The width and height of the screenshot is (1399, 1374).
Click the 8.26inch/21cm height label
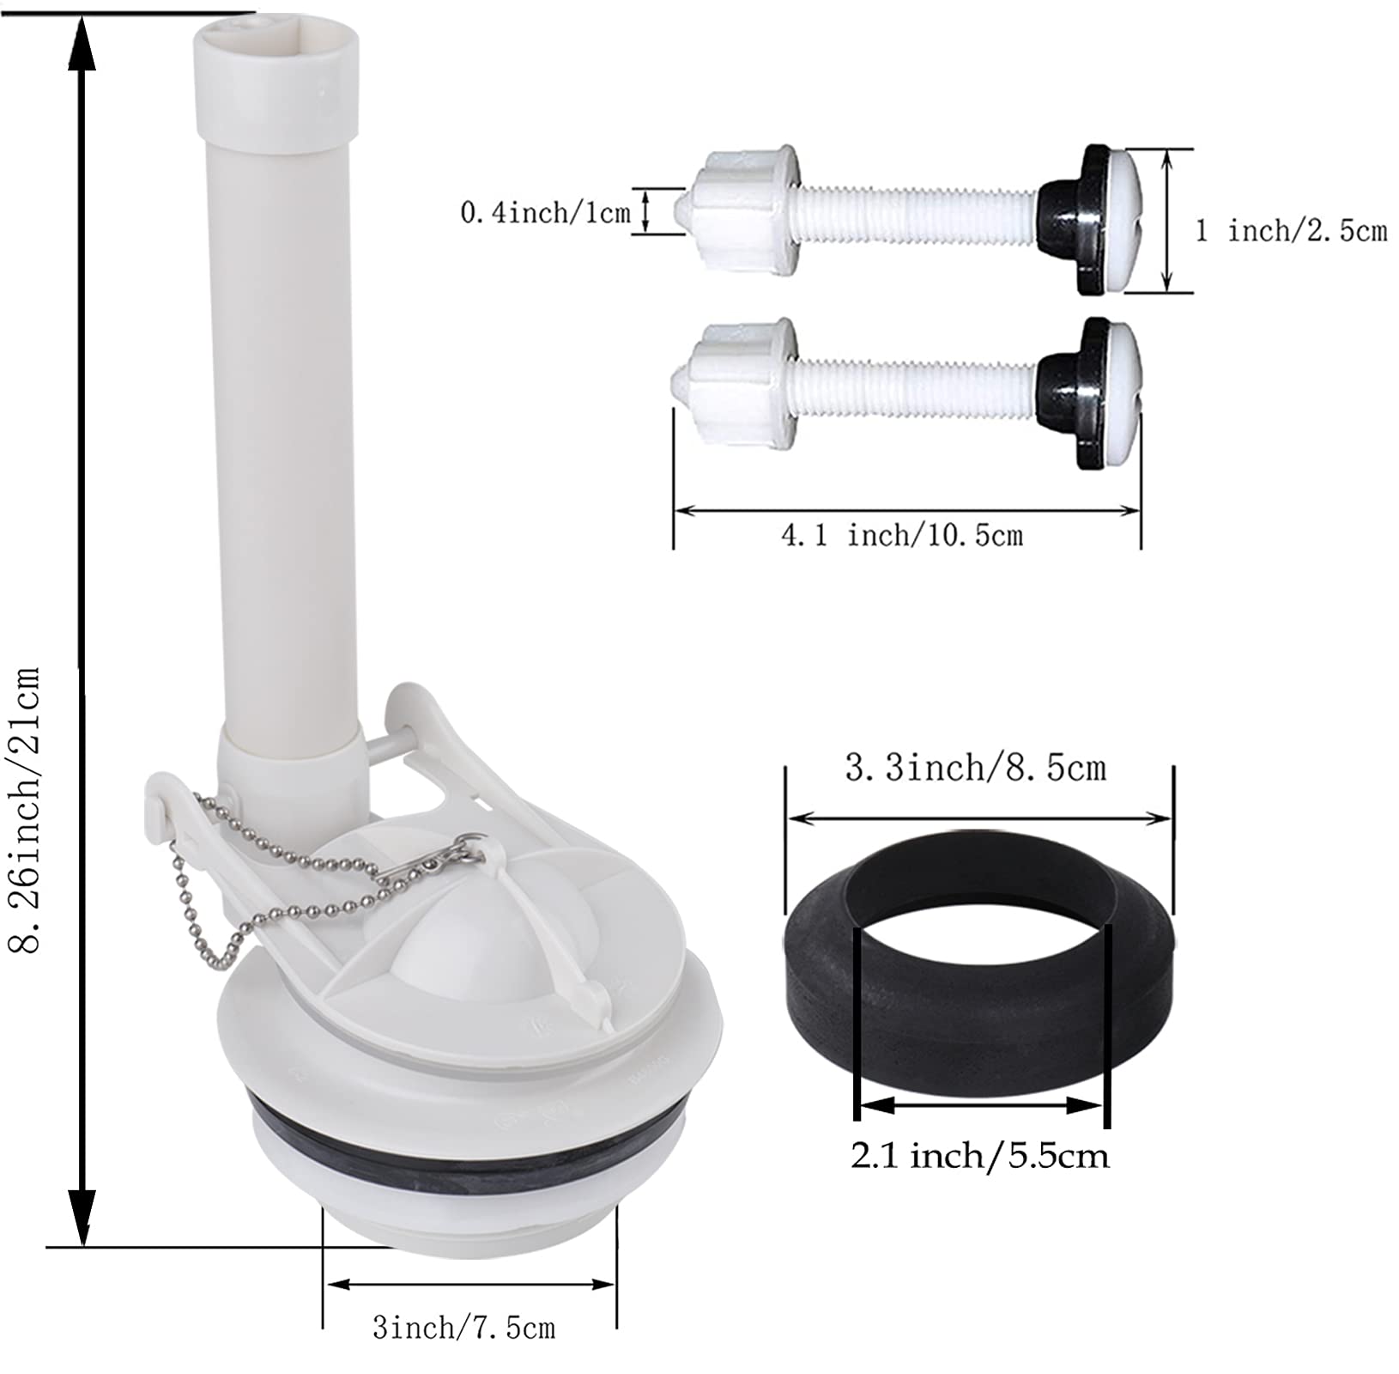tap(26, 812)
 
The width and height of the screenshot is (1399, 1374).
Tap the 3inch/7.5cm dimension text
tap(463, 1328)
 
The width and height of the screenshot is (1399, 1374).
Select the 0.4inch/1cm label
tap(545, 212)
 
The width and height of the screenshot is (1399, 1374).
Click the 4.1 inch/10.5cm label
tap(901, 536)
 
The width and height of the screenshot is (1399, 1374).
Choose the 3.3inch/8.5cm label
tap(976, 767)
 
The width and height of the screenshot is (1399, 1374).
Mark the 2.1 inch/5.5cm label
tap(979, 1155)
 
